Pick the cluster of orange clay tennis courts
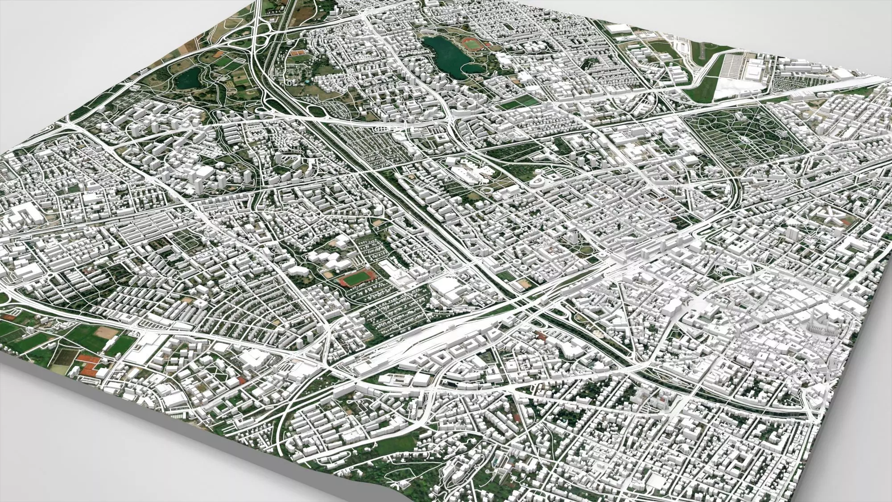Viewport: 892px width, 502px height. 87,366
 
